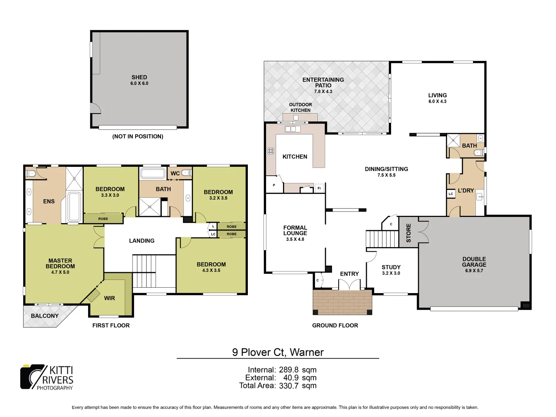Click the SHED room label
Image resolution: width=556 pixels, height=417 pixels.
click(x=139, y=77)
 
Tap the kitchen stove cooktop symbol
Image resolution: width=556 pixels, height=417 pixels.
click(x=271, y=151)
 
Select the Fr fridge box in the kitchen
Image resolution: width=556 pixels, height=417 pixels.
click(x=319, y=188)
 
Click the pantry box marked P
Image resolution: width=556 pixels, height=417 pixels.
click(x=274, y=186)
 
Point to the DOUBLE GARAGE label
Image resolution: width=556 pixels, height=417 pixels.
click(x=474, y=262)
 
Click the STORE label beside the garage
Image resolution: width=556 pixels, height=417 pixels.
click(x=409, y=233)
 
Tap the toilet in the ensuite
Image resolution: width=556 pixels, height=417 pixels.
click(x=31, y=174)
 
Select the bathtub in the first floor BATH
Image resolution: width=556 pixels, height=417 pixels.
click(x=153, y=173)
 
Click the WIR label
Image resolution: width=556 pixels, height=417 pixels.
click(x=109, y=298)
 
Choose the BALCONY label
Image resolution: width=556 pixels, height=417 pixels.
click(x=45, y=316)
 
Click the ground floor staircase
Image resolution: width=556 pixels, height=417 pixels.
click(x=381, y=239)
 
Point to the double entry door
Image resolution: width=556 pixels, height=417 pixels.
click(x=349, y=285)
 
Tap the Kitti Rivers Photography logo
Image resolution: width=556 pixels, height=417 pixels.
click(x=47, y=377)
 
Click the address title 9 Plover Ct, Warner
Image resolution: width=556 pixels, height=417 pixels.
click(x=278, y=352)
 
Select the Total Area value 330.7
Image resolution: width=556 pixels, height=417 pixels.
click(x=288, y=385)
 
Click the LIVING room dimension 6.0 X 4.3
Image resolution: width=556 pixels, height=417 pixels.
click(x=437, y=102)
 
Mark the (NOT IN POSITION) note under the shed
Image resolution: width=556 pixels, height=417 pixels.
click(x=138, y=136)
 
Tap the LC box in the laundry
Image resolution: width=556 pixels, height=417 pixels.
click(x=451, y=194)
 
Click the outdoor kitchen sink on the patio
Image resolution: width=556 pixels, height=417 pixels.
click(x=296, y=118)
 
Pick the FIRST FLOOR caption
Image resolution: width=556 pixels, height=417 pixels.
click(x=111, y=325)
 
